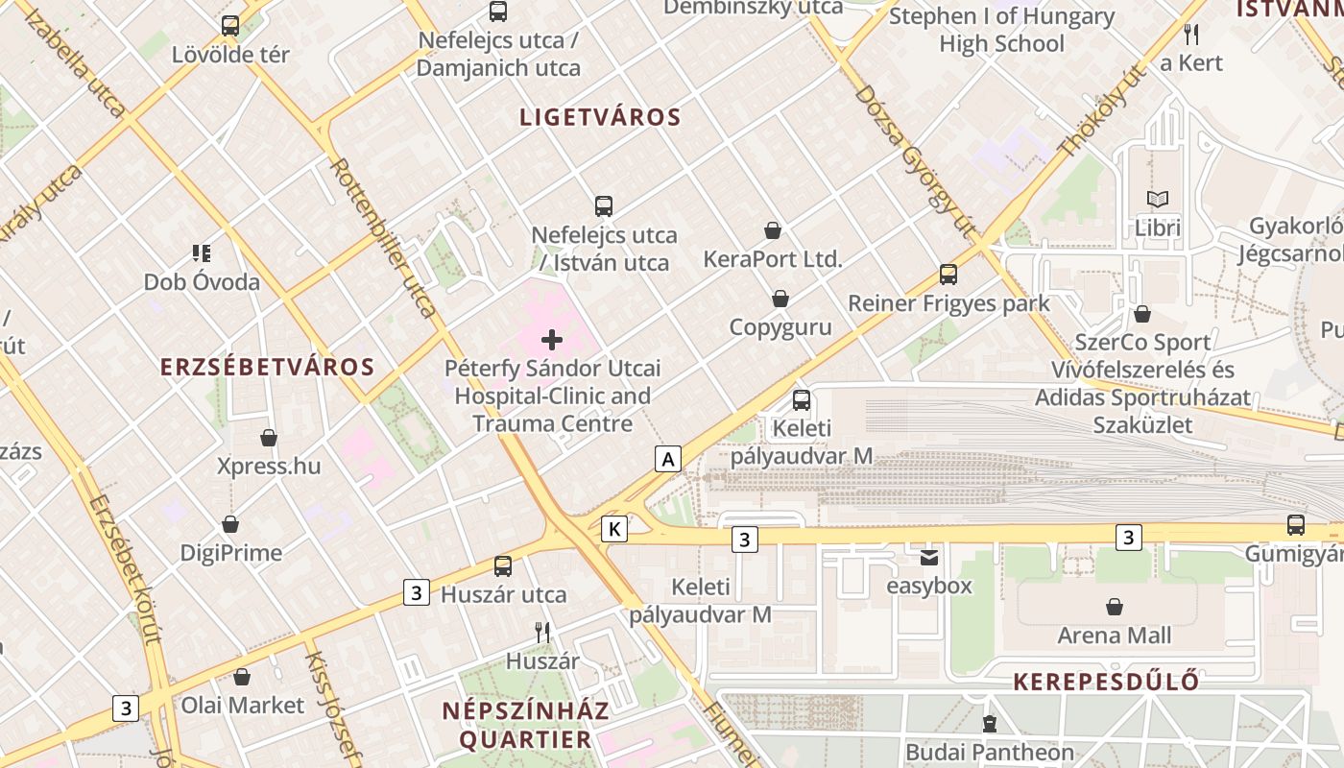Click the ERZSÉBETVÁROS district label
point(267,367)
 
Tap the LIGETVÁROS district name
point(600,118)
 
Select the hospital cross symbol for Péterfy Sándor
point(552,339)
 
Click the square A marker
point(668,459)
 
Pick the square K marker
point(614,528)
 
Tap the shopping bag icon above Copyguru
point(780,300)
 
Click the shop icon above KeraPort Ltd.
point(773,230)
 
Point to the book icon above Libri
point(1158,200)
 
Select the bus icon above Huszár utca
point(503,566)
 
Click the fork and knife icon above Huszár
point(542,632)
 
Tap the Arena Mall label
point(1115,636)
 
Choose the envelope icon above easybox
point(928,557)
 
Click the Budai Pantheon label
point(990,752)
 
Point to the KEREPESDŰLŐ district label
point(1106,683)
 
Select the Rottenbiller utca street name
point(382,237)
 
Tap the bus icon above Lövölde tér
point(230,26)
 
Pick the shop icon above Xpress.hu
point(269,438)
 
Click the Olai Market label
point(243,706)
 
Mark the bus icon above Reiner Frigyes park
point(948,275)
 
